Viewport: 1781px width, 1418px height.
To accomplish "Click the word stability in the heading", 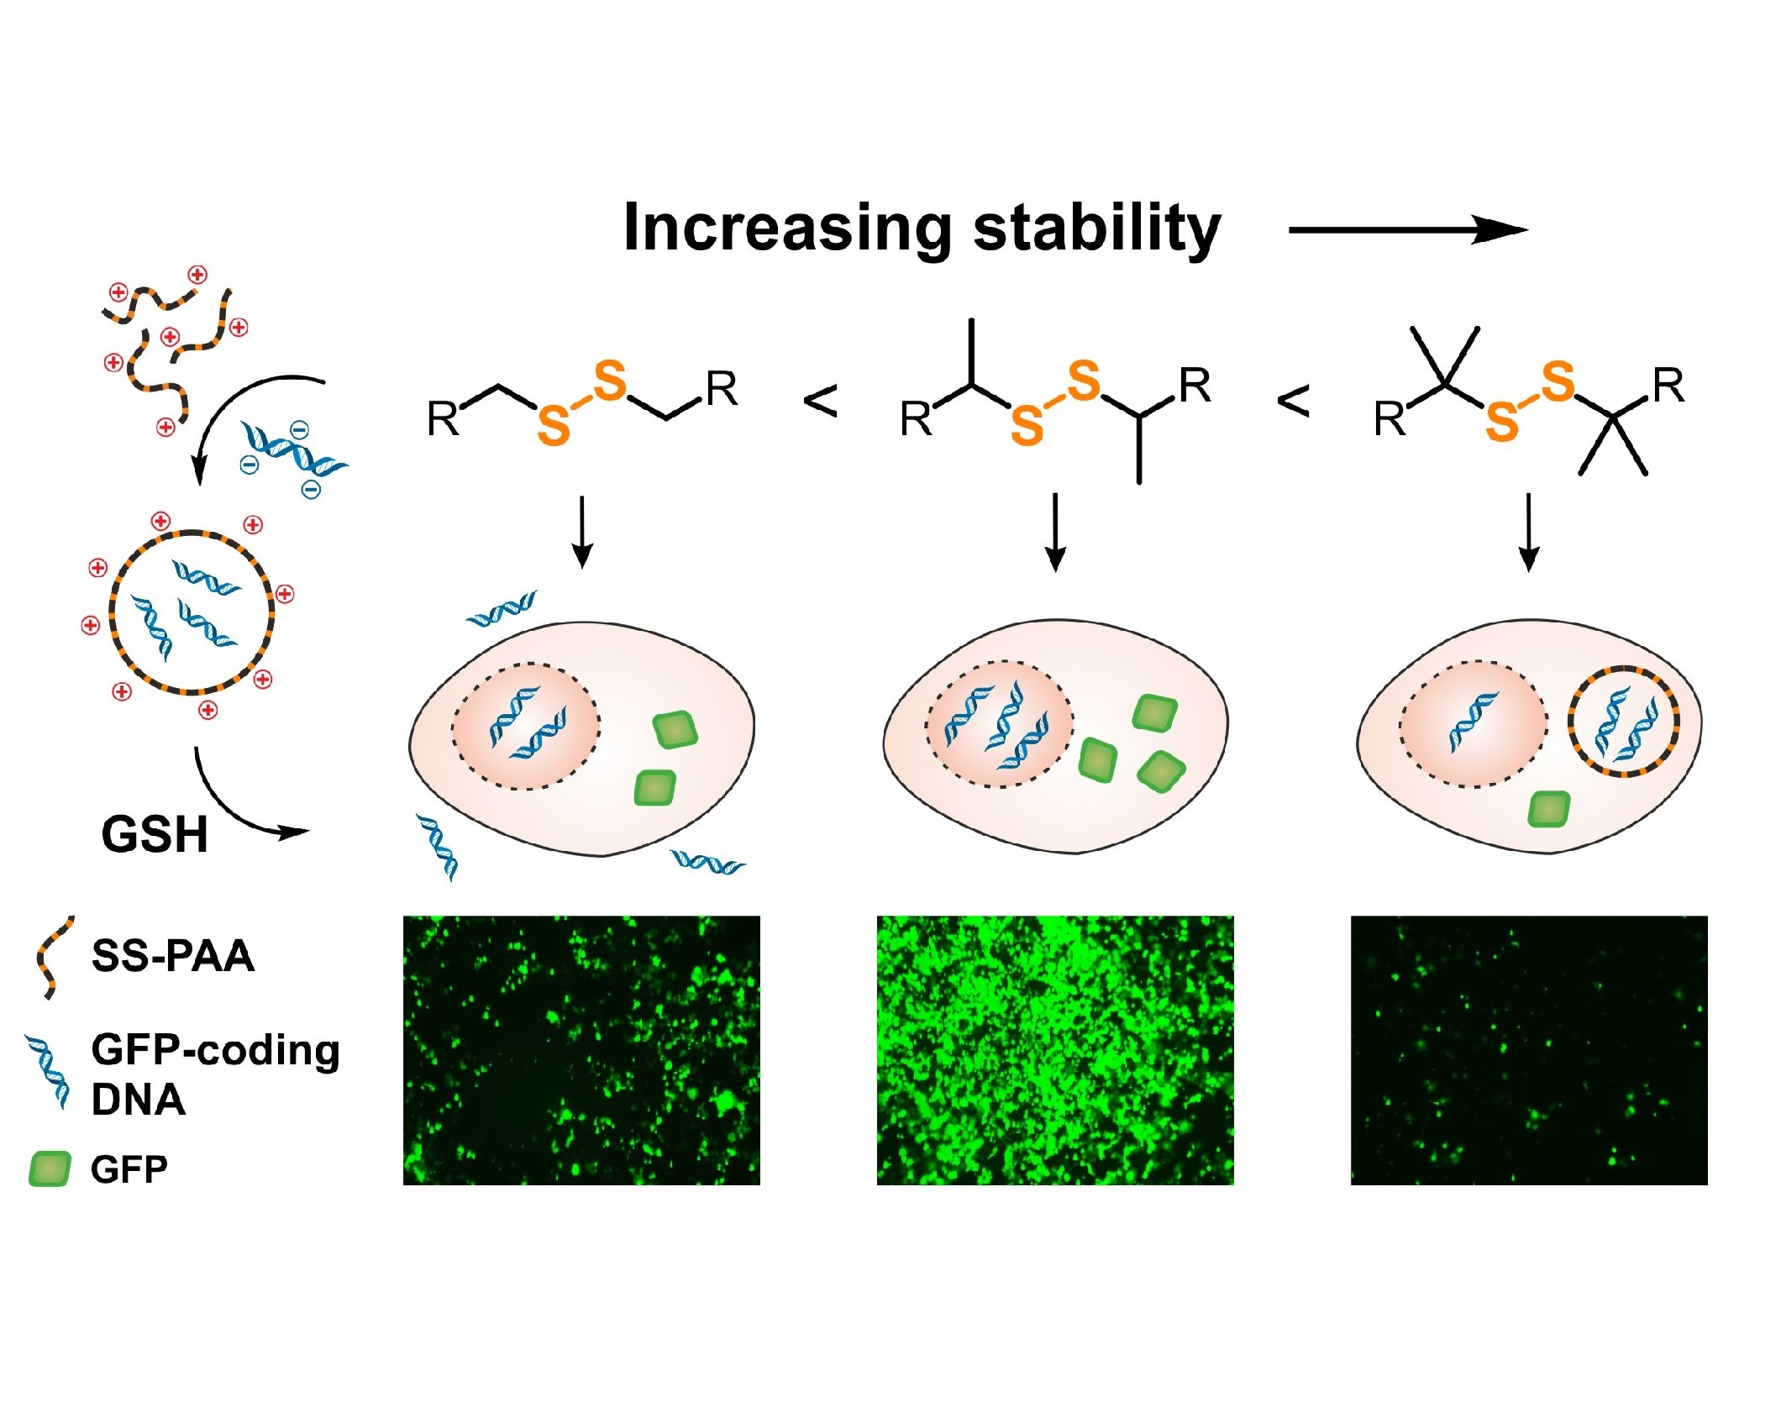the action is [1097, 227].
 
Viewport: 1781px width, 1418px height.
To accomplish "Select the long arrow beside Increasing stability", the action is [1408, 229].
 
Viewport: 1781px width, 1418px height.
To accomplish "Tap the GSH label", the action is [155, 835].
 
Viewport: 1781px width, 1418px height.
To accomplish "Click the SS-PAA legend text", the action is [173, 956].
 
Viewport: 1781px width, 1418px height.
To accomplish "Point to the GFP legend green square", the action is [50, 1169].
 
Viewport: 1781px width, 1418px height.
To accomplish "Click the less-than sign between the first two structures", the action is [821, 401].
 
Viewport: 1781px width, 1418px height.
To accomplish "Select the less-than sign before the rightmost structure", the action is [1293, 401].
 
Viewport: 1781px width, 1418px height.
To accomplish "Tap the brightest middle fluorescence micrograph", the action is [1055, 1050].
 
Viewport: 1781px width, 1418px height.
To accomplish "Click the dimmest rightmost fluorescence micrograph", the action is [1529, 1050].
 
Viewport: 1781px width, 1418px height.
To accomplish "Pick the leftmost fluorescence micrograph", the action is [581, 1050].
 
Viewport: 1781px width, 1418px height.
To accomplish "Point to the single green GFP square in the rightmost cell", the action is [1548, 810].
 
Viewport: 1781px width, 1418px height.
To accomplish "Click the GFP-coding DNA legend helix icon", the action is [49, 1072].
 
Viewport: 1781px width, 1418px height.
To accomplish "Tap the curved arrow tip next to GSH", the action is [309, 832].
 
